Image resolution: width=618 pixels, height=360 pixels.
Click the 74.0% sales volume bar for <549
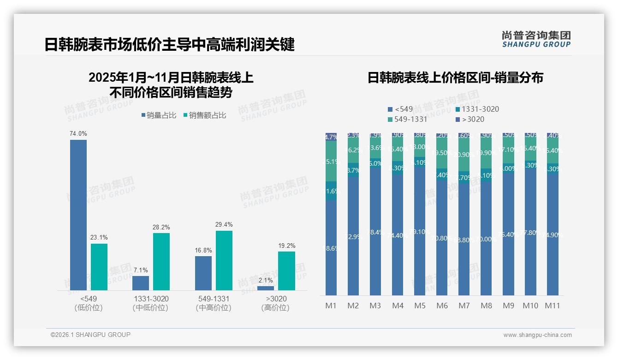click(x=78, y=215)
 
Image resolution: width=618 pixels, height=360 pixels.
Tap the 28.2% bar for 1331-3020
click(x=161, y=261)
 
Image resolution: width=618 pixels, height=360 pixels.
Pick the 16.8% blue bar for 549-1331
click(x=203, y=273)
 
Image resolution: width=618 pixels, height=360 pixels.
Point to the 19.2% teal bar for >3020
click(x=286, y=270)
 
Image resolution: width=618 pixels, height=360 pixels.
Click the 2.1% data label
click(x=266, y=280)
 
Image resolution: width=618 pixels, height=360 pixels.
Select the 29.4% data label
click(x=224, y=225)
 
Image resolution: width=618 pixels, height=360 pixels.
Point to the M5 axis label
click(x=420, y=306)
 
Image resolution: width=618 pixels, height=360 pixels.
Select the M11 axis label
click(x=552, y=306)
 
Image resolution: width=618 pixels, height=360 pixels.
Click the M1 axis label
click(x=331, y=306)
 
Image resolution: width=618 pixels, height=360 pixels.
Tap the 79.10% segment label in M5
click(x=420, y=232)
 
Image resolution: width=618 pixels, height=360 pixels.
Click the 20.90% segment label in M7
click(x=464, y=155)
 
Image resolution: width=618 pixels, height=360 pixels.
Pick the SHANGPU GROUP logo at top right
click(x=536, y=39)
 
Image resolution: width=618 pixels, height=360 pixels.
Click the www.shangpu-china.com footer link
click(x=537, y=335)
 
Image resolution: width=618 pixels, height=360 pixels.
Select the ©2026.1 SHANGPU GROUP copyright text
click(x=90, y=335)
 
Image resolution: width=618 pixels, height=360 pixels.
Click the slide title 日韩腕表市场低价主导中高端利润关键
click(x=169, y=45)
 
